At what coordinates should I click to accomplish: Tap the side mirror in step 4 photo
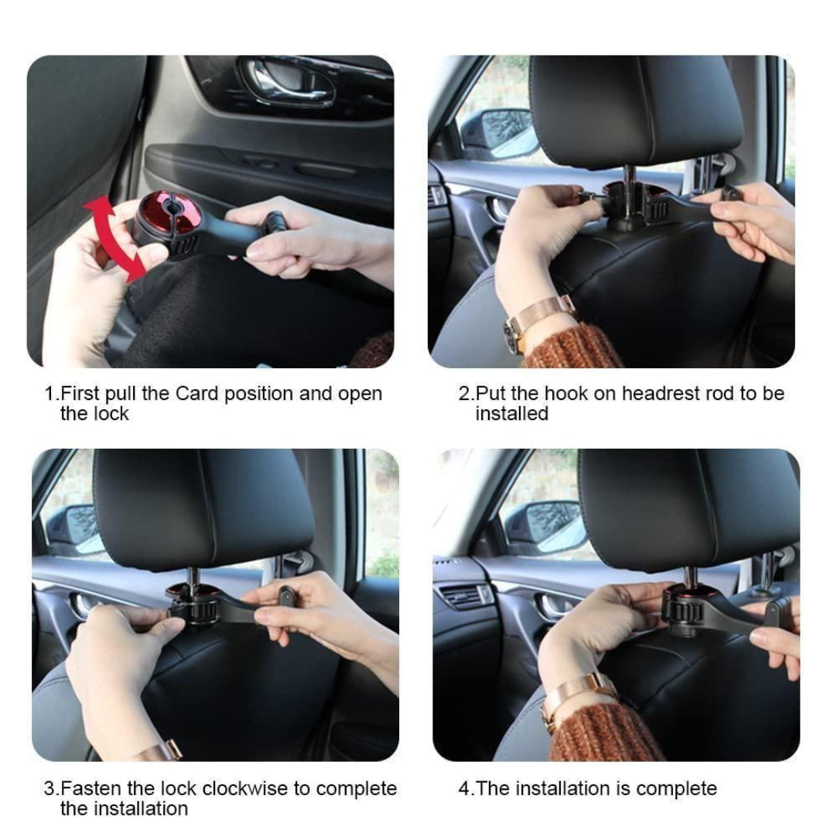point(545,525)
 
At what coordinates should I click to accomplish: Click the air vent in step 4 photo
point(463,596)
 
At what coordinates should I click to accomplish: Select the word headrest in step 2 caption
point(661,393)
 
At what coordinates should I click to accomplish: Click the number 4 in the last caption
point(463,789)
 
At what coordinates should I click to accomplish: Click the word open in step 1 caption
point(360,393)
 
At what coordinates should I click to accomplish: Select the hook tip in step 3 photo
point(285,598)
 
